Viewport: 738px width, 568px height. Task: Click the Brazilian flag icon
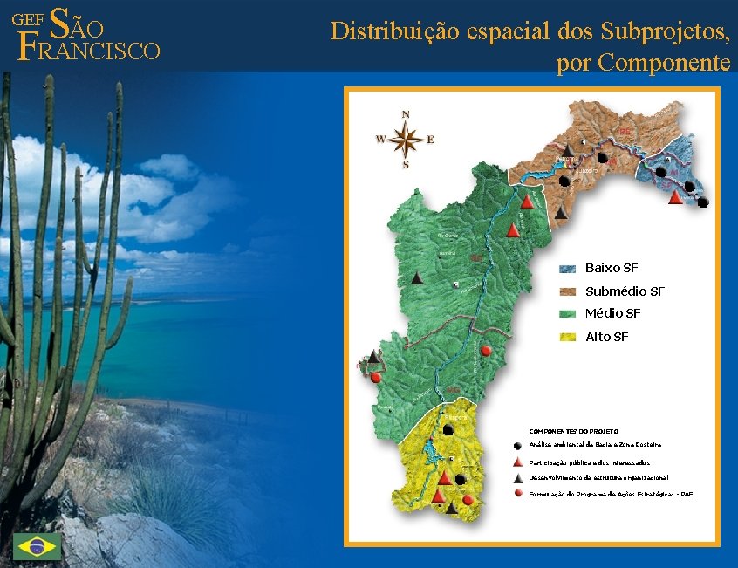pyautogui.click(x=37, y=546)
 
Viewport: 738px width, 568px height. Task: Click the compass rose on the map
pyautogui.click(x=406, y=138)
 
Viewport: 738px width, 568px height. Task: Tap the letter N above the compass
pyautogui.click(x=406, y=114)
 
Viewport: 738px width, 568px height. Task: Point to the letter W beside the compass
pyautogui.click(x=380, y=139)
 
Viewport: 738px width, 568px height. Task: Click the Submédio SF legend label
pyautogui.click(x=625, y=291)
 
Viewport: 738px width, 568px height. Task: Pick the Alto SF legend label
pyautogui.click(x=606, y=337)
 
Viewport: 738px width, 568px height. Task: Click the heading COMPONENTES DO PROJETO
pyautogui.click(x=574, y=431)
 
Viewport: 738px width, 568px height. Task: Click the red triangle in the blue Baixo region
pyautogui.click(x=674, y=197)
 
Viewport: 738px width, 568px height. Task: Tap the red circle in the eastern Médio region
pyautogui.click(x=487, y=350)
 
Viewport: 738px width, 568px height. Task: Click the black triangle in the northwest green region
pyautogui.click(x=418, y=278)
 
